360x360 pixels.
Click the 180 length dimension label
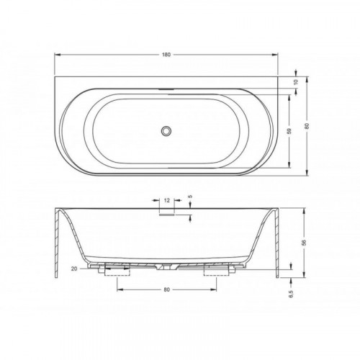click(166, 55)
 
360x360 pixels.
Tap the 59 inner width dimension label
click(289, 131)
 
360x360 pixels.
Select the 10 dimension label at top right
click(296, 81)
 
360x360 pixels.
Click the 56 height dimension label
click(305, 243)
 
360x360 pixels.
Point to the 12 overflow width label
click(167, 200)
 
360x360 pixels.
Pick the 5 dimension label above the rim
click(190, 197)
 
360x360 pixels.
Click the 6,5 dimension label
click(291, 293)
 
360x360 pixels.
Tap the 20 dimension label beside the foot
click(74, 269)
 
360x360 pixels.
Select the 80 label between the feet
click(166, 289)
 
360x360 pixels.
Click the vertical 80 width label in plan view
click(307, 126)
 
